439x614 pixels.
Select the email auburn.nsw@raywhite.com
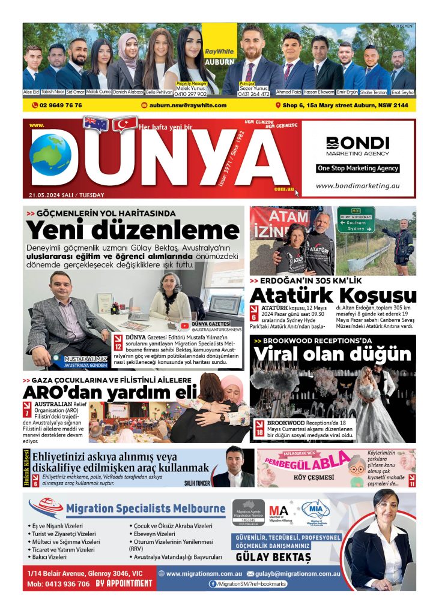tap(184, 105)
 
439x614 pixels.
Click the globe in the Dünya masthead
tap(50, 159)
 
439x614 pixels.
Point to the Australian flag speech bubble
tap(96, 124)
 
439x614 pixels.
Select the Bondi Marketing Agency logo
tap(358, 146)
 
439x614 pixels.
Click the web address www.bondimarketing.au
tap(357, 186)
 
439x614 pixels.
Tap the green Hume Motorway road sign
tap(356, 219)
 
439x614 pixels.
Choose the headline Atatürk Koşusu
tap(333, 296)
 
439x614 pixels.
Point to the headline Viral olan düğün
tap(333, 354)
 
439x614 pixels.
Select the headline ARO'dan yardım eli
tap(110, 393)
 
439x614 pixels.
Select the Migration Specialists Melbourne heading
tap(146, 509)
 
